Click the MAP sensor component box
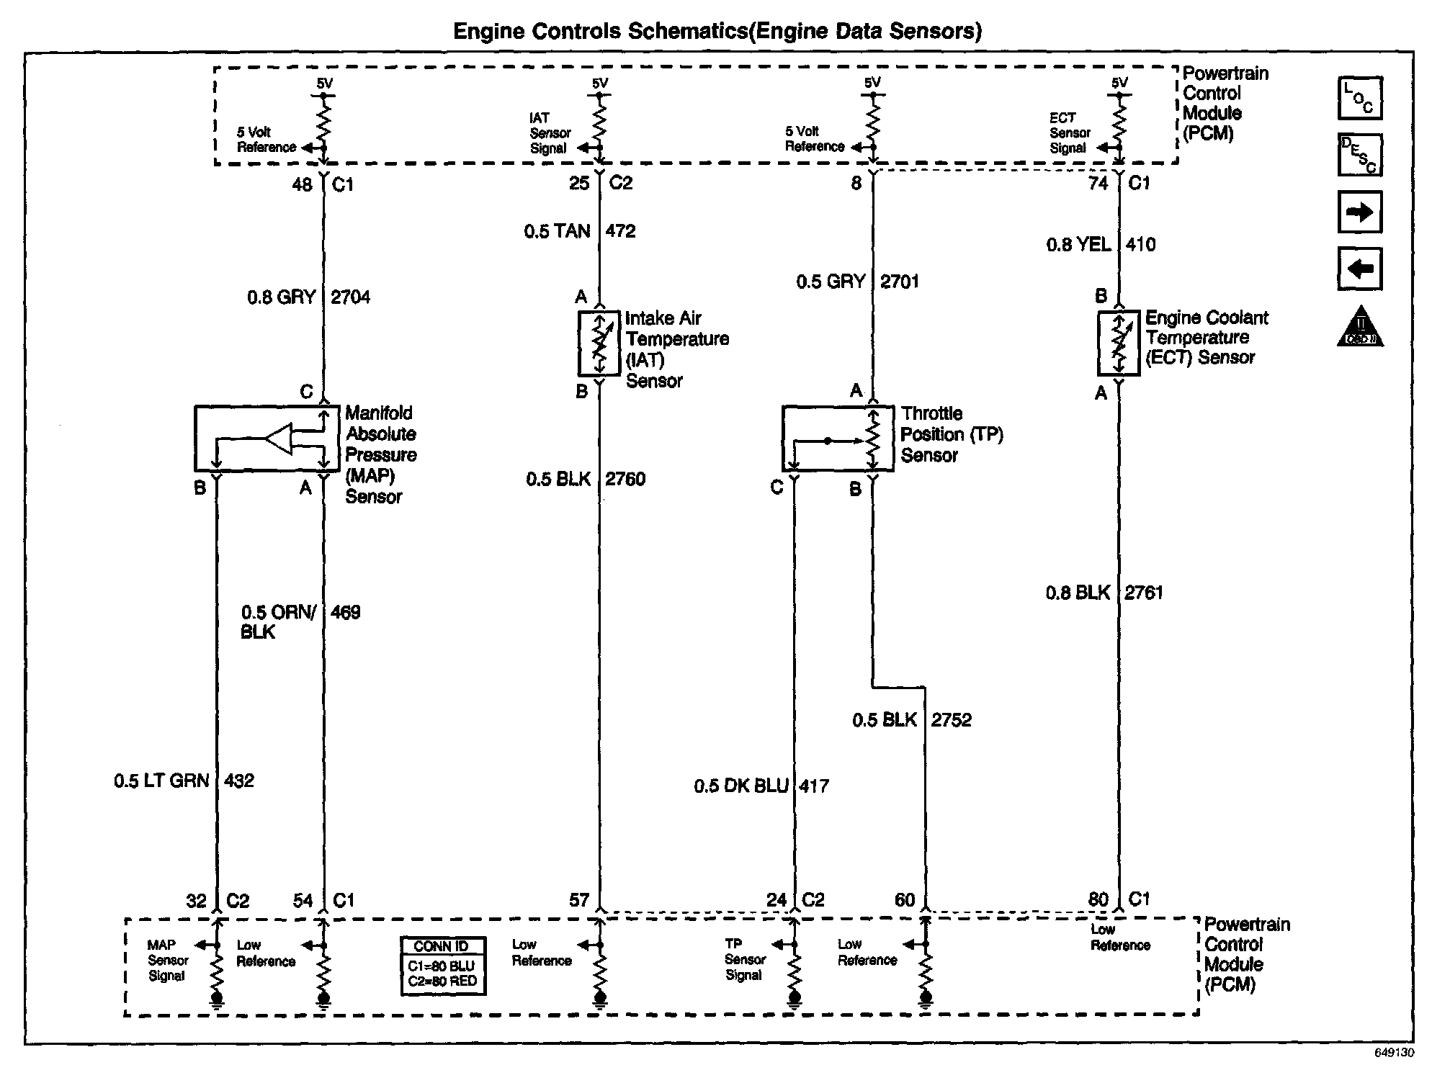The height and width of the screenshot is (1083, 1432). pyautogui.click(x=267, y=439)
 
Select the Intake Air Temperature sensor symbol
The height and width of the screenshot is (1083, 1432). pyautogui.click(x=599, y=343)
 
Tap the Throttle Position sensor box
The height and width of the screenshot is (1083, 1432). pyautogui.click(x=837, y=439)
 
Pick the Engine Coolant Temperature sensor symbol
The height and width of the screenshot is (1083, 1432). pyautogui.click(x=1118, y=343)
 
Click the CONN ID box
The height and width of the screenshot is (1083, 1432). pyautogui.click(x=443, y=966)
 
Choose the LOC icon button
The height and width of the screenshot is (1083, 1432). pyautogui.click(x=1359, y=98)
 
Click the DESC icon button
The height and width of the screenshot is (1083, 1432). pyautogui.click(x=1359, y=155)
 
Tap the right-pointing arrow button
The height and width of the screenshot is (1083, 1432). pyautogui.click(x=1359, y=212)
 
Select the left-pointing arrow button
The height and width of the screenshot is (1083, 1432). pyautogui.click(x=1359, y=269)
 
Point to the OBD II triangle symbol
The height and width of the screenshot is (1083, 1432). pyautogui.click(x=1360, y=328)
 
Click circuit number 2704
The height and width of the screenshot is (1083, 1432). pyautogui.click(x=350, y=297)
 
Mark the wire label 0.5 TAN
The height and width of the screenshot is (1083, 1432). pyautogui.click(x=557, y=231)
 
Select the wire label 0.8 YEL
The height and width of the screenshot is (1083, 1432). pyautogui.click(x=1078, y=245)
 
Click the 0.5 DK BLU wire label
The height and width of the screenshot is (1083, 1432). pyautogui.click(x=740, y=786)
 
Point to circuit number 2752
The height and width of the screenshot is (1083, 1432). pyautogui.click(x=951, y=720)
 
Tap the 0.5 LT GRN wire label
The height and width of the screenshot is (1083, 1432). pyautogui.click(x=161, y=781)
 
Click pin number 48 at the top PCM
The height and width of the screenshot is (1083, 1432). pyautogui.click(x=302, y=185)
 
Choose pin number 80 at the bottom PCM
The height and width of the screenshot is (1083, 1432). pyautogui.click(x=1098, y=899)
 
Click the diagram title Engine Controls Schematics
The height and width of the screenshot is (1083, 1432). pyautogui.click(x=717, y=31)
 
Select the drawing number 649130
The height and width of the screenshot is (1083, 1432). pyautogui.click(x=1393, y=1053)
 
